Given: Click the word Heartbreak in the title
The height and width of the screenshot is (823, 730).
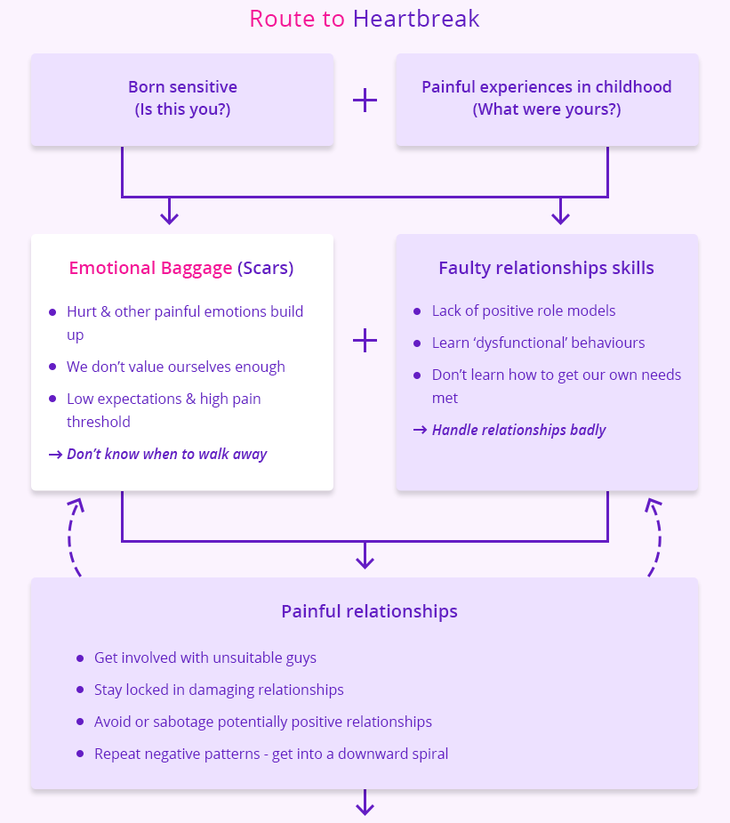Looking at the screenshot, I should [x=416, y=19].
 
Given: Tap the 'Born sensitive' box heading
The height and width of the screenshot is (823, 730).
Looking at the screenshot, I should [x=182, y=87].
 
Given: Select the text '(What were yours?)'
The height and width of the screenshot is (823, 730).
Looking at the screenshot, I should [x=546, y=110].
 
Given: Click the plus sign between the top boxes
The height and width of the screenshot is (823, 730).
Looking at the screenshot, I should [x=365, y=100].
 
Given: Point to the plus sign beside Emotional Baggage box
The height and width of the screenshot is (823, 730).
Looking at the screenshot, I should [x=365, y=340].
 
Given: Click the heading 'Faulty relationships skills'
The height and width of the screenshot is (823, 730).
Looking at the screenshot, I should [x=546, y=268].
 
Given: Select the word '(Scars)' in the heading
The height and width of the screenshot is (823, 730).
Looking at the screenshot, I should [x=265, y=268].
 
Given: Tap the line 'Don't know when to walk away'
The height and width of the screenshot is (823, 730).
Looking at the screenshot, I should [x=166, y=454].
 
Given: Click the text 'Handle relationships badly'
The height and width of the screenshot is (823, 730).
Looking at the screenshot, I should [x=518, y=430].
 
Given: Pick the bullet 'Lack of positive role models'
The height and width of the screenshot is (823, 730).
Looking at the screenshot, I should [x=524, y=311].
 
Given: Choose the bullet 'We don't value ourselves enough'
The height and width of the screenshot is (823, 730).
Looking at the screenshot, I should [x=175, y=367].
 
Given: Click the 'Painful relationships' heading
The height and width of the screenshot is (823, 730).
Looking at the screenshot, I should [x=369, y=611].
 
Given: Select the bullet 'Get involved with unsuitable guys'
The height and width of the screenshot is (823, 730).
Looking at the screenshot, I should [x=205, y=658].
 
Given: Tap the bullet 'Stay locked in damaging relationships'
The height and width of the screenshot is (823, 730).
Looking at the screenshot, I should [x=219, y=690].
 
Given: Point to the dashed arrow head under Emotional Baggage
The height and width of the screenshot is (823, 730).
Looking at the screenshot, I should [x=76, y=504].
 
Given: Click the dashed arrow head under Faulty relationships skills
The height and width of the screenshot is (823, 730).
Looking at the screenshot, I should [x=654, y=504].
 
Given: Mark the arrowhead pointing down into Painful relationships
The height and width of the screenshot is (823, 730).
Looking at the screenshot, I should [x=365, y=561].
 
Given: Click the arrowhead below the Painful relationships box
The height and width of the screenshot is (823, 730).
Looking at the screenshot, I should [x=365, y=807].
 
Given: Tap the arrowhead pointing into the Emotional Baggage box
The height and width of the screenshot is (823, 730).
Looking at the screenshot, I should [x=169, y=216].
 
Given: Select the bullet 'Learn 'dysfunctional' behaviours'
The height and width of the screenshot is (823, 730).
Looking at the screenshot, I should [x=538, y=343].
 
